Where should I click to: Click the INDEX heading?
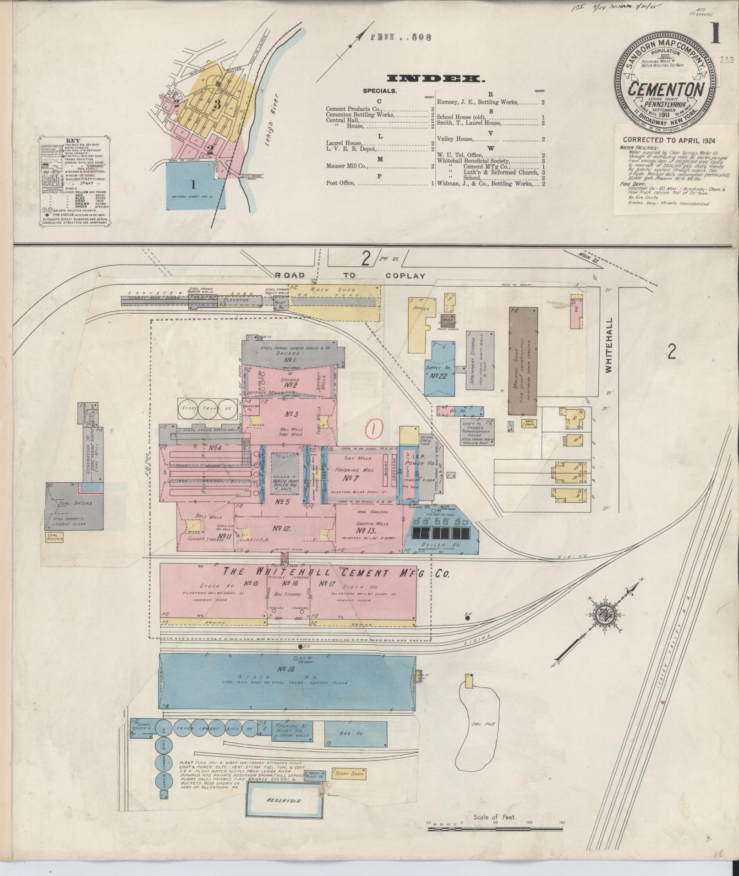tap(435, 79)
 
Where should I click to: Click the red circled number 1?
tap(375, 429)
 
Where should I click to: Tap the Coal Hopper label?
tap(55, 537)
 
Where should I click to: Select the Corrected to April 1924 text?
tap(669, 141)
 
